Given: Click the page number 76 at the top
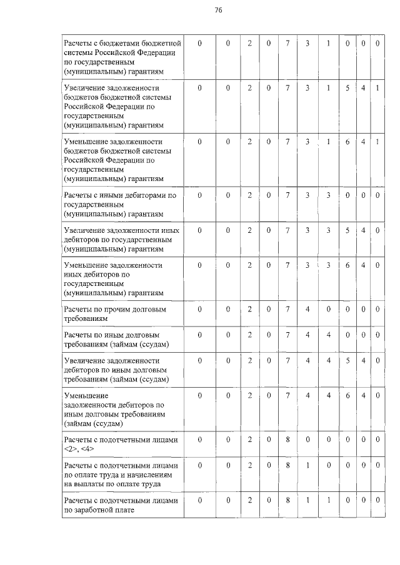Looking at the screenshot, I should coord(218,11).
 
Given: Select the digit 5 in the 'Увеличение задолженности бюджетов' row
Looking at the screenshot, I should coord(347,88).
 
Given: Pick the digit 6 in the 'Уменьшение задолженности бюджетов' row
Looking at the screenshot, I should coord(347,142).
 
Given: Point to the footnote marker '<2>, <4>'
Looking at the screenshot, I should coord(79,450).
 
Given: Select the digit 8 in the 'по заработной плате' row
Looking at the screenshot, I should coord(287,500).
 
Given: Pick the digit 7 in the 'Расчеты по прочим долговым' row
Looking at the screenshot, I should coord(287,309).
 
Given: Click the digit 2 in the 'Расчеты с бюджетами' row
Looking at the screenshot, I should coord(249,43).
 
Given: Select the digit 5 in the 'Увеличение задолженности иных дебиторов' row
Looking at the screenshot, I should coord(347,230).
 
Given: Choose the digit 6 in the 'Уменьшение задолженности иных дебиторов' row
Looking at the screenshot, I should coord(347,265).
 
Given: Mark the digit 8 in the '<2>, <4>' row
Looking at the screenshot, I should coord(287,440).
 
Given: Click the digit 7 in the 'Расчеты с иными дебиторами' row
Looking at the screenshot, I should coord(287,195).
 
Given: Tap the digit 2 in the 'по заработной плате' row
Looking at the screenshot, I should coord(249,500).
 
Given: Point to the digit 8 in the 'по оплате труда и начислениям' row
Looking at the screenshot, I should coord(287,465).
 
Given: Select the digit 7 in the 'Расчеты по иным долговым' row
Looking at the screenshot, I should coord(287,335).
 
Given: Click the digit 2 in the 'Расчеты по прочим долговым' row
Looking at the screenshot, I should coord(249,309).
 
